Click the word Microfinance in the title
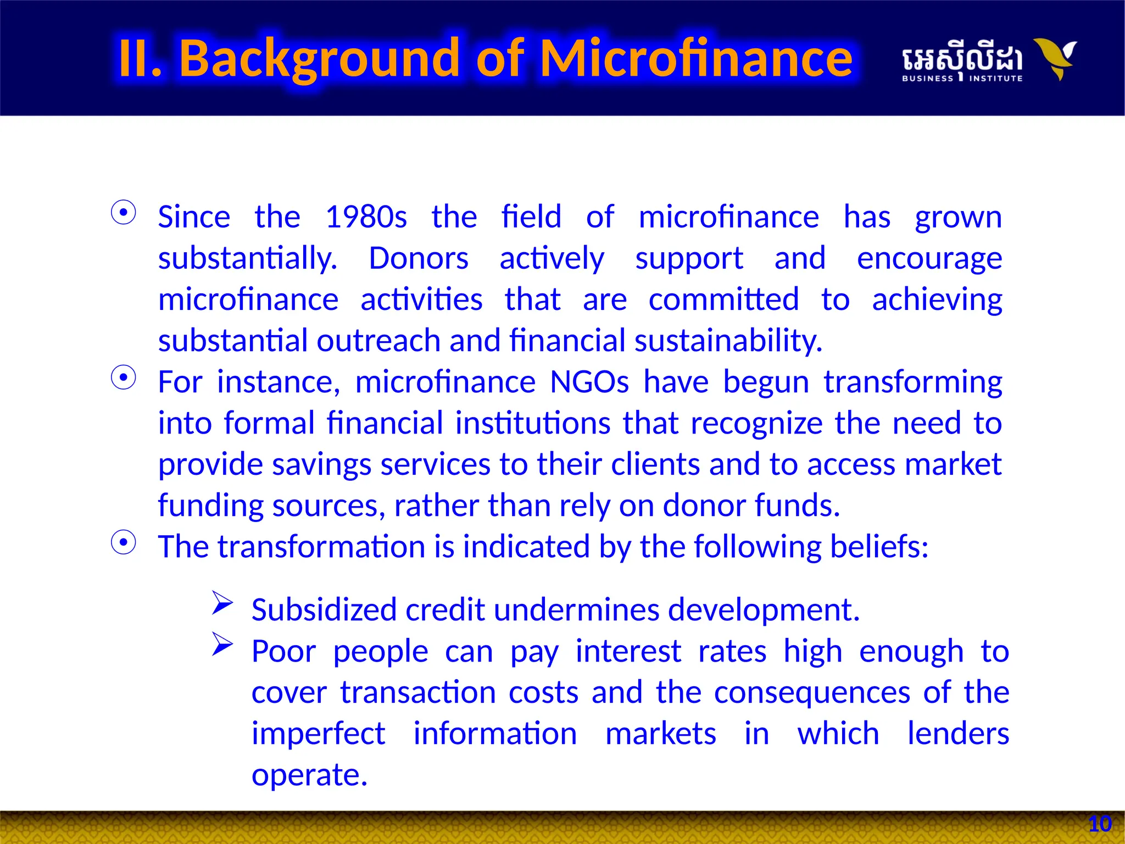coord(696,58)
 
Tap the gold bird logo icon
coord(1056,58)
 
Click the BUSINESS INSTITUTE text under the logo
coord(962,79)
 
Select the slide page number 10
coord(1100,824)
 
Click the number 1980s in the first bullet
coord(366,217)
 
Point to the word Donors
coord(418,258)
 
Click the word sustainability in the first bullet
coord(728,341)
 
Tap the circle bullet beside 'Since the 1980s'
coord(124,213)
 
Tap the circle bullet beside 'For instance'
coord(124,378)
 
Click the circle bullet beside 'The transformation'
coord(124,543)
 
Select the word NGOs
coord(589,382)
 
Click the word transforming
coord(912,383)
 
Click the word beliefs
coord(878,547)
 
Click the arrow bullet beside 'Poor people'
coord(222,644)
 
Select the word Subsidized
coord(324,610)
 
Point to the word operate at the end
coord(309,776)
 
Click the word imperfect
coord(318,735)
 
